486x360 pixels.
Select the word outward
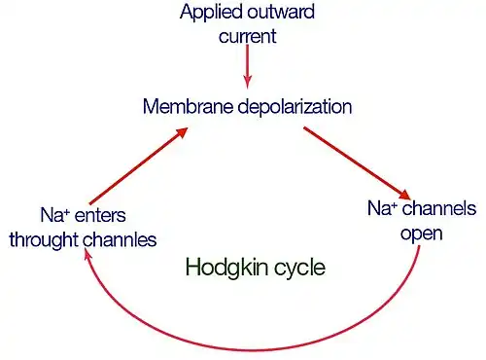click(281, 12)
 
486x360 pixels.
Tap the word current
click(248, 36)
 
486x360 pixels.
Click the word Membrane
click(188, 106)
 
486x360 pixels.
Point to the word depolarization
click(295, 107)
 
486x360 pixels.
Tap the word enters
click(100, 216)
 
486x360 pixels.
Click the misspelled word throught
click(44, 241)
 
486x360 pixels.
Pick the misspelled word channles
click(120, 239)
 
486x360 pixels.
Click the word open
click(422, 234)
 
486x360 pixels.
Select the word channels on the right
click(439, 208)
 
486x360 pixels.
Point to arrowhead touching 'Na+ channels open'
click(404, 194)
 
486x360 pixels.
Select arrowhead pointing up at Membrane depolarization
click(182, 132)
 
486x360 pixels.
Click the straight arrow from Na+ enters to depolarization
click(139, 165)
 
